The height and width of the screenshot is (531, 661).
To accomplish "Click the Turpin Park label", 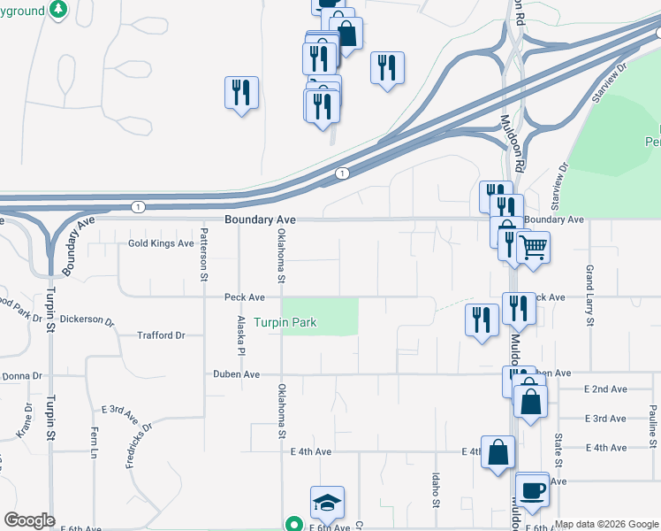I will point(285,323).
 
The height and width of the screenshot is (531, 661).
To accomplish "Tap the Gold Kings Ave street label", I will point(161,243).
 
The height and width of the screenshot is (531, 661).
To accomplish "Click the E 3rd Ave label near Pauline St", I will point(605,418).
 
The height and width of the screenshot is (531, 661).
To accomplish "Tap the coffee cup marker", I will point(533,489).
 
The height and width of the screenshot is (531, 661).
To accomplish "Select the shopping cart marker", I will point(533,247).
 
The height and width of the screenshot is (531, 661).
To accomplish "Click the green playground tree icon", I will point(58,9).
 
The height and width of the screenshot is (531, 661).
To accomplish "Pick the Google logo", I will point(29,520).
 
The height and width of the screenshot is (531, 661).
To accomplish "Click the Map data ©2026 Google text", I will point(606,524).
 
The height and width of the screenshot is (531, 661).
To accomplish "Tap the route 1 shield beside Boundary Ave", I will point(138,206).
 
